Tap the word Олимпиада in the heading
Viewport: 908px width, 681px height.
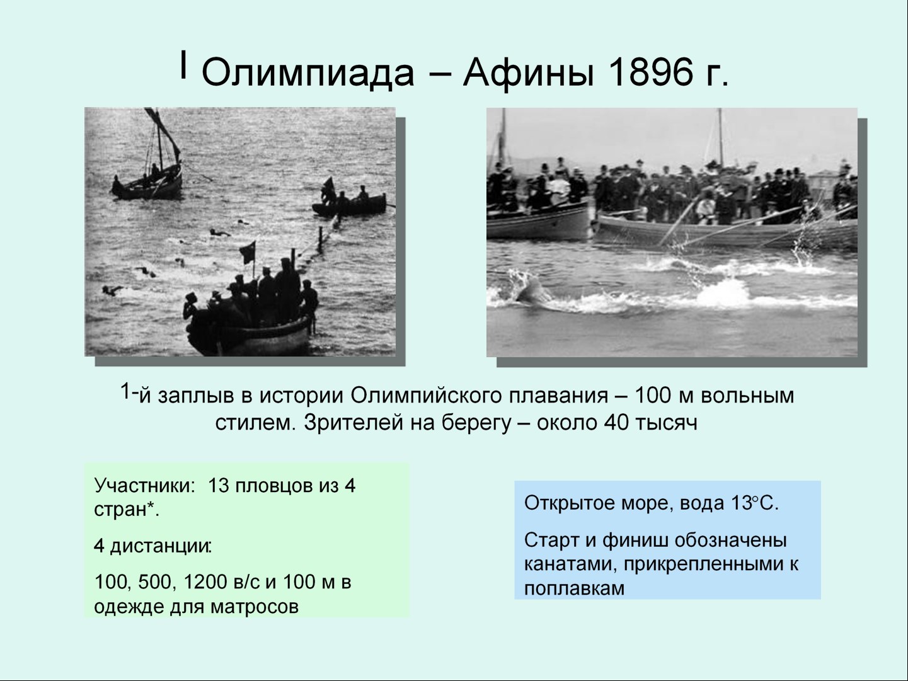coord(307,73)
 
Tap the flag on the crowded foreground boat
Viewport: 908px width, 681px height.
coord(248,252)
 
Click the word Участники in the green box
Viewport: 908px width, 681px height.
coord(144,486)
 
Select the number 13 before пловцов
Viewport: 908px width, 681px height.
coord(218,486)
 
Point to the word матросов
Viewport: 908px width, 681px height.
coord(254,607)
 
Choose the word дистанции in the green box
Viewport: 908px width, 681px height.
coord(161,547)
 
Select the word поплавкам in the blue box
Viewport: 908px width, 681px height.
coord(574,588)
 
